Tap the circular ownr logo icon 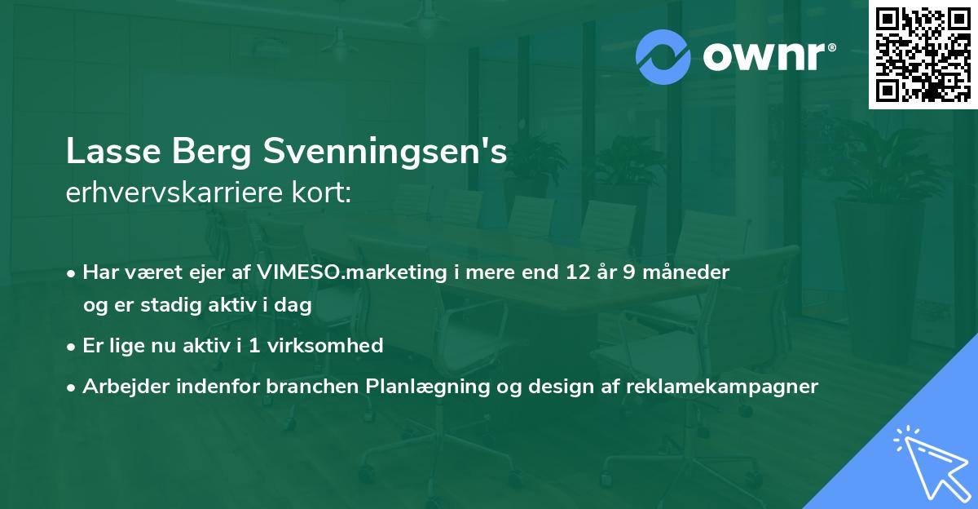(663, 57)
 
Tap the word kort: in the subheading (323, 194)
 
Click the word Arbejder (122, 386)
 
